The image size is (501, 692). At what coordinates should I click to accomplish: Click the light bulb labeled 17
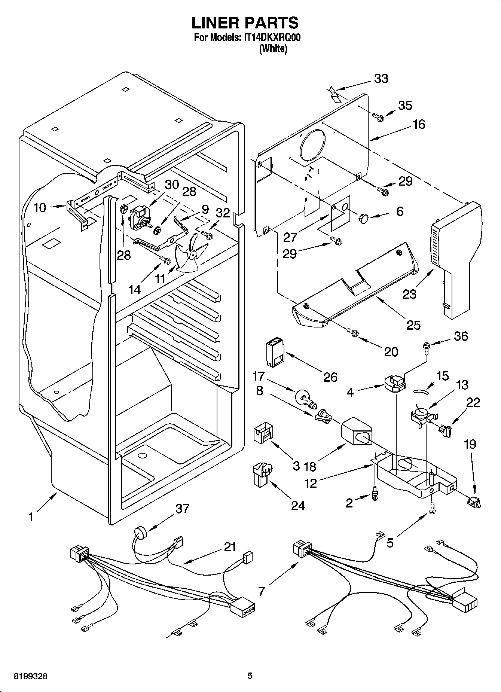[x=305, y=397]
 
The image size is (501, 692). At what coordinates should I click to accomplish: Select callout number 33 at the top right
[x=381, y=79]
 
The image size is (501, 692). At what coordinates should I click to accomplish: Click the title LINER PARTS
[x=245, y=22]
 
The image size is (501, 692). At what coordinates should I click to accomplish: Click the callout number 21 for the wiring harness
[x=230, y=547]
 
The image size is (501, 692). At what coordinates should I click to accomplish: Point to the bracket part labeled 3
[x=263, y=433]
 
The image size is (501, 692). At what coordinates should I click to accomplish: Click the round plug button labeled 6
[x=364, y=218]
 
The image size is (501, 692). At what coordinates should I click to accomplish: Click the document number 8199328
[x=31, y=676]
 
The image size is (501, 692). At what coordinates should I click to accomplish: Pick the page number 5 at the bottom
[x=250, y=676]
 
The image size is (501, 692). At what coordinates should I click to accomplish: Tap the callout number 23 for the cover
[x=409, y=294]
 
